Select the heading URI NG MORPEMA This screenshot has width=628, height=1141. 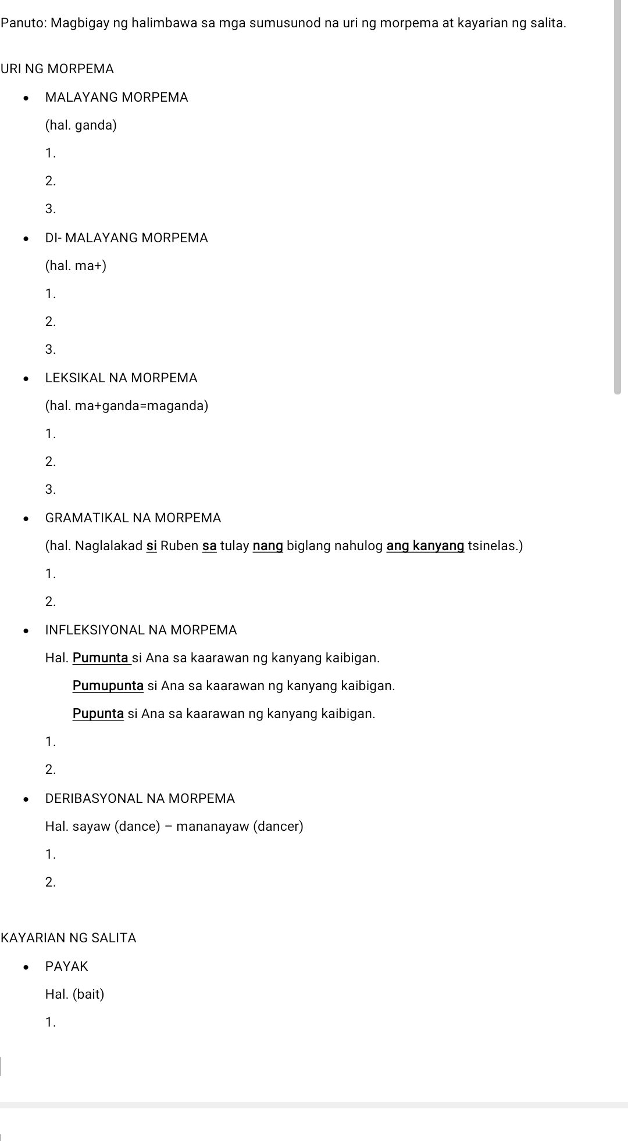tap(57, 69)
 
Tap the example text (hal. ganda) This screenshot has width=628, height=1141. tap(81, 125)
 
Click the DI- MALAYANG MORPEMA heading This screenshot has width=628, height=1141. tap(126, 238)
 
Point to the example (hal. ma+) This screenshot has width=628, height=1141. tap(76, 265)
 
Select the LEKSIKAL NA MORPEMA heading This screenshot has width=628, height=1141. tap(121, 378)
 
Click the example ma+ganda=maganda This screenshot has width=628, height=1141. tap(126, 406)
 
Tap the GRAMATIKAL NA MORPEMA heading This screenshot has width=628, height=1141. tap(133, 518)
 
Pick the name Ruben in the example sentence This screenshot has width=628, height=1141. tap(179, 546)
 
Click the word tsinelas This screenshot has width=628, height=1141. tap(495, 546)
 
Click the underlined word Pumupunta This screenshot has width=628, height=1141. tap(108, 686)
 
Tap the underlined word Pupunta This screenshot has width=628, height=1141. tap(98, 713)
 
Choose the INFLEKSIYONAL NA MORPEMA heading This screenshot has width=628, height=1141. tap(141, 630)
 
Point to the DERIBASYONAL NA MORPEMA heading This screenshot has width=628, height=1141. tap(140, 798)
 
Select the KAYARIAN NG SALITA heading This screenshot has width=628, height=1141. tap(69, 938)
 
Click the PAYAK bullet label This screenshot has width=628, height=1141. tap(66, 966)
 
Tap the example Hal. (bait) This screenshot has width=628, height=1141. tap(74, 994)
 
